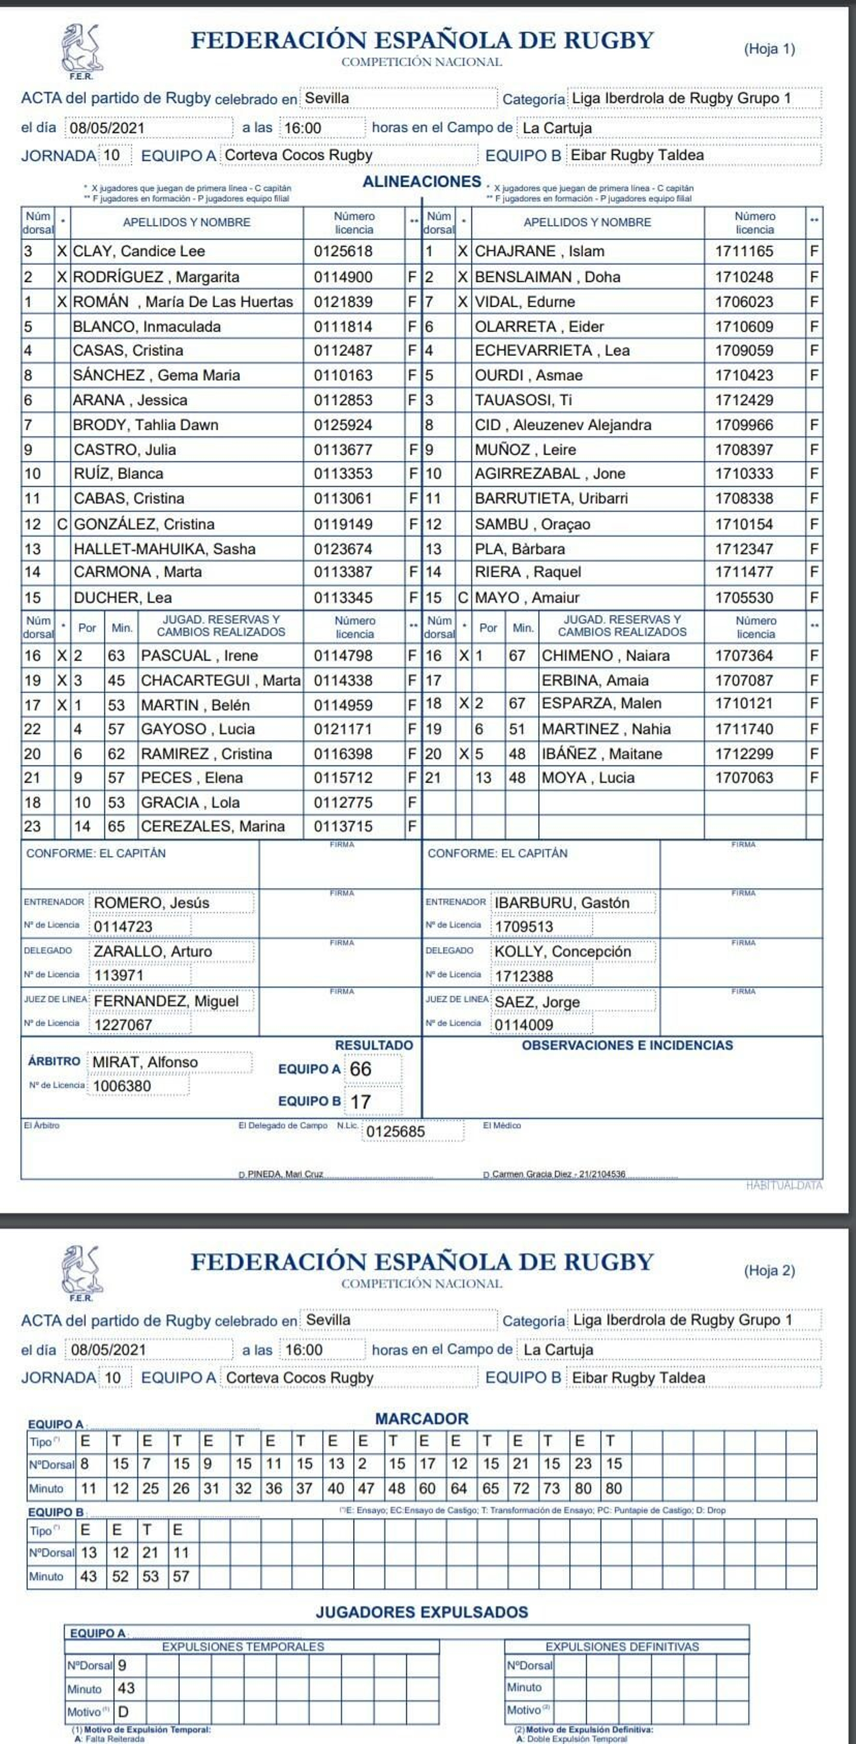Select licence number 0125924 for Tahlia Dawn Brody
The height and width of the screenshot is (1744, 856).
pyautogui.click(x=342, y=425)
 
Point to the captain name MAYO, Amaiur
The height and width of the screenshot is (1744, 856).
pyautogui.click(x=526, y=598)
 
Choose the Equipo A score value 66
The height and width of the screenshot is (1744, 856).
pyautogui.click(x=361, y=1069)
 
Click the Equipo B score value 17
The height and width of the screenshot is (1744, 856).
pyautogui.click(x=361, y=1102)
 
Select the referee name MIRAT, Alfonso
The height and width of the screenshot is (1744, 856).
pyautogui.click(x=145, y=1062)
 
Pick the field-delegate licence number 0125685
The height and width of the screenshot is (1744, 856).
pyautogui.click(x=395, y=1131)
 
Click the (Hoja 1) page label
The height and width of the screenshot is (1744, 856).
pyautogui.click(x=769, y=49)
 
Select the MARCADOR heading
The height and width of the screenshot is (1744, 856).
pyautogui.click(x=422, y=1419)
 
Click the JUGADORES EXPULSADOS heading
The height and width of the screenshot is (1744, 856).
pyautogui.click(x=422, y=1612)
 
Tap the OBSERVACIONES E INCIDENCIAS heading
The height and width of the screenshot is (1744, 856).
pyautogui.click(x=626, y=1045)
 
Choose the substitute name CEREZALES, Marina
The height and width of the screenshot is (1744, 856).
pyautogui.click(x=212, y=826)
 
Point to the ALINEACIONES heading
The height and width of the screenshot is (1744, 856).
pyautogui.click(x=422, y=181)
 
